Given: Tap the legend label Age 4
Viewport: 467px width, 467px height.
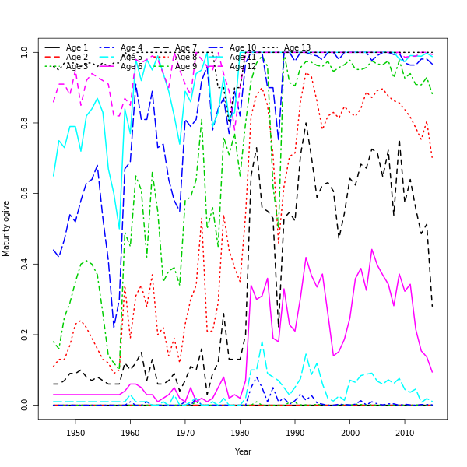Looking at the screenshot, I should coord(132,48).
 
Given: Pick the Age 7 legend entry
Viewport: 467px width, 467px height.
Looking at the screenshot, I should coord(186,48).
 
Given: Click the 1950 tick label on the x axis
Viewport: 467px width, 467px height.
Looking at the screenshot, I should coord(75,432).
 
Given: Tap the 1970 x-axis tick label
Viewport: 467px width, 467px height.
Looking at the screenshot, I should coord(185,432).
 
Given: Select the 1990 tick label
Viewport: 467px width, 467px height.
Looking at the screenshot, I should coord(295,432).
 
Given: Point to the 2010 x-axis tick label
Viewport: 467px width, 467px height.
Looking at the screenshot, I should coord(405,432).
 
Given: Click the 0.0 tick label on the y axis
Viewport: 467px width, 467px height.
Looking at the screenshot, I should coord(25,406).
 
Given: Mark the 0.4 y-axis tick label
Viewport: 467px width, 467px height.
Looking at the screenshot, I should coord(25,264).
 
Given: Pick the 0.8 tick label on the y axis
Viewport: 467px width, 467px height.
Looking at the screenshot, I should coord(25,123).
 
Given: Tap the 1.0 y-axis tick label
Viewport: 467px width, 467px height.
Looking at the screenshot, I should coord(25,52).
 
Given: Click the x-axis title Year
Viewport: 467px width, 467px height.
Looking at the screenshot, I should coord(243,451).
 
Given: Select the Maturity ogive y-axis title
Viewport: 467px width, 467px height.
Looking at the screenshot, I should coord(7,228).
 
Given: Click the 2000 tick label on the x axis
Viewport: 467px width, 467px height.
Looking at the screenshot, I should coord(350,432).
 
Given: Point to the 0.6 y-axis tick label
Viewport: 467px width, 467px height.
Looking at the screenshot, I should coord(25,194).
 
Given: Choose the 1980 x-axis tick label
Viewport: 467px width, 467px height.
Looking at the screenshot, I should coord(241,432).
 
